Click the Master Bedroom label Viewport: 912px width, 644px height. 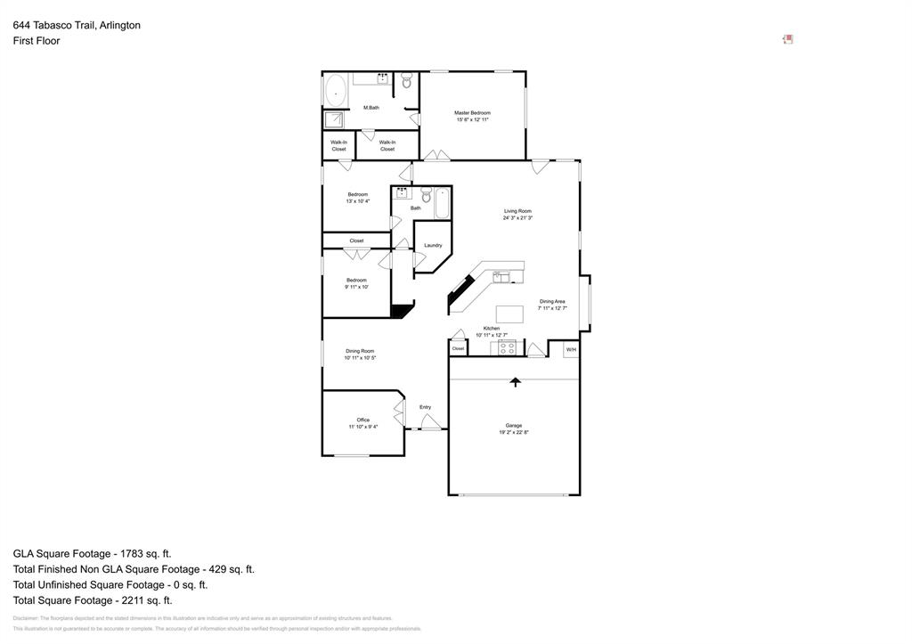472,113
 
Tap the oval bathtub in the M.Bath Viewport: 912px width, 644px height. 336,89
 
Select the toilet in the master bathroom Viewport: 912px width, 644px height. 407,82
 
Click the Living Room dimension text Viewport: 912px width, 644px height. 517,218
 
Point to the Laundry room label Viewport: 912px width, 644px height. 433,245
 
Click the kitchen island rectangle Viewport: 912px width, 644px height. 509,314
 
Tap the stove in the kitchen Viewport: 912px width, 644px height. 507,348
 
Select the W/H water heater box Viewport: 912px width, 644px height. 571,349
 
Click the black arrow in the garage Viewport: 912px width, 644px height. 514,382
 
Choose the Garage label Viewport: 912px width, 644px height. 514,426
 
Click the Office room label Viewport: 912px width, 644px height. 362,420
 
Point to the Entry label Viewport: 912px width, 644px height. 425,407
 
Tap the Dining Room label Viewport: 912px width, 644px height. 360,351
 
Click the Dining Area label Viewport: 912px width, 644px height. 552,302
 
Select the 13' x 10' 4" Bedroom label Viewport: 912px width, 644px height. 357,194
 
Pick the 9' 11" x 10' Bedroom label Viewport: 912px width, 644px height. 356,280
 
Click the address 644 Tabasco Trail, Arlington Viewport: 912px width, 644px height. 77,25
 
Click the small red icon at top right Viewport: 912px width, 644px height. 787,39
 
